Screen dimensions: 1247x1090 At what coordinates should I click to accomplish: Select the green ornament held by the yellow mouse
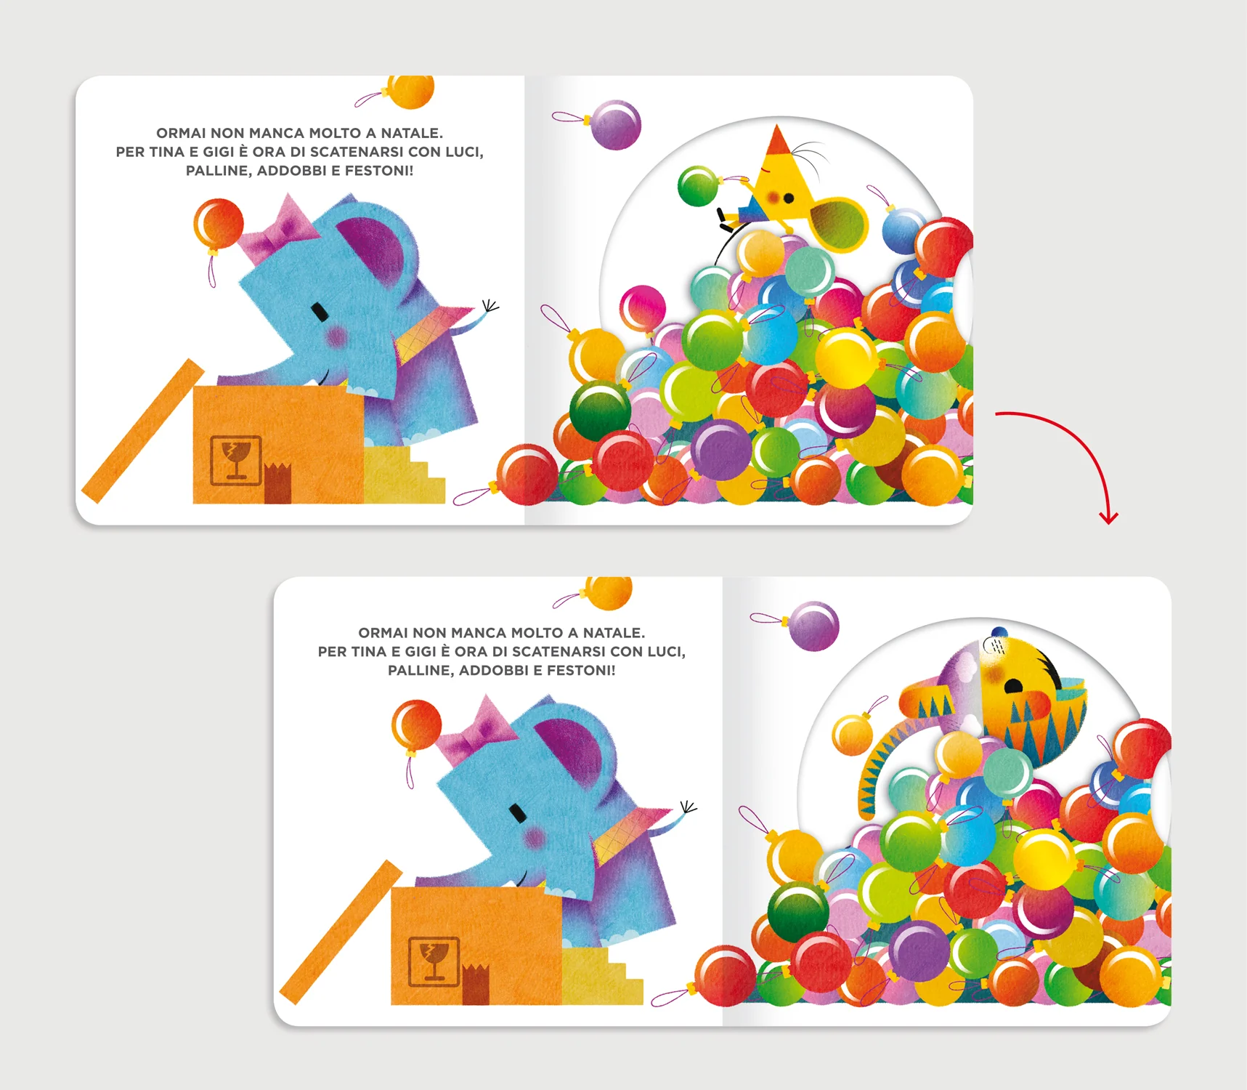tap(697, 186)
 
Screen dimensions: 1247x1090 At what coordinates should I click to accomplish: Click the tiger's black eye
tap(1011, 685)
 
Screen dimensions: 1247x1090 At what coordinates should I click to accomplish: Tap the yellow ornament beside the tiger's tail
tap(852, 735)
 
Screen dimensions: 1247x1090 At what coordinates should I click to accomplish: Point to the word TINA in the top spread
tap(166, 152)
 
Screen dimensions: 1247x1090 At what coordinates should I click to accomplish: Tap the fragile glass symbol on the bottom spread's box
tap(434, 961)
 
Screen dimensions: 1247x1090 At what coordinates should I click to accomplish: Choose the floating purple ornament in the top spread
tap(615, 125)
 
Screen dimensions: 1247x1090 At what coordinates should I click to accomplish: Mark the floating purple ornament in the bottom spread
tap(813, 626)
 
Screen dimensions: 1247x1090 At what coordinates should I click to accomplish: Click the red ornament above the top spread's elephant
tap(218, 224)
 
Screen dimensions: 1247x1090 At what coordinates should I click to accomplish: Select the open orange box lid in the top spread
tap(143, 431)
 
